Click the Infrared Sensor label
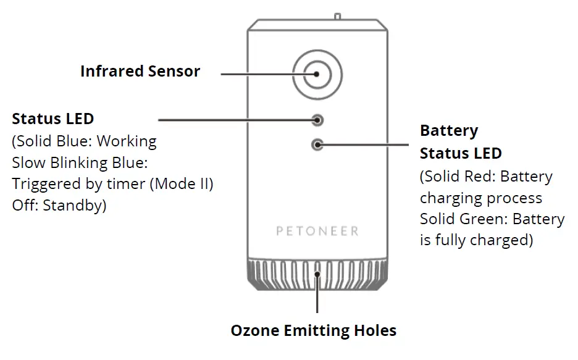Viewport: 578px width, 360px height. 140,71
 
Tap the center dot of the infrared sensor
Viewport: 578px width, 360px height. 317,73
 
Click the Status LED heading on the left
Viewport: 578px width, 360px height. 53,119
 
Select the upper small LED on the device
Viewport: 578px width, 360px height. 318,119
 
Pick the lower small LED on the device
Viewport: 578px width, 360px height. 318,145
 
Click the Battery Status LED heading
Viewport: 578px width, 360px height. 461,142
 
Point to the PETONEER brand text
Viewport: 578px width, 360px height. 317,232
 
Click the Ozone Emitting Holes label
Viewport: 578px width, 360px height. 314,330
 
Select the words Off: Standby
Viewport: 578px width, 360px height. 59,206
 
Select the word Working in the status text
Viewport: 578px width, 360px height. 127,141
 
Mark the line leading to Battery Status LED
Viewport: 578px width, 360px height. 364,145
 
